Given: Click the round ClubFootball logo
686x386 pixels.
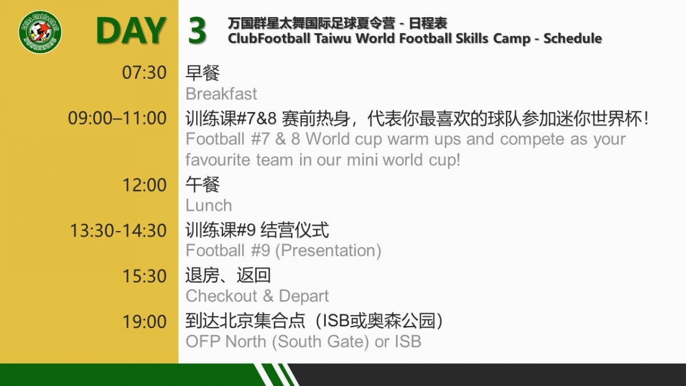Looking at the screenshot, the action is point(40,32).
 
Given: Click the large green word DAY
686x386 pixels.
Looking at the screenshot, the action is point(131,31).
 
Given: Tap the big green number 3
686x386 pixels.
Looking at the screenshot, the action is point(197,31).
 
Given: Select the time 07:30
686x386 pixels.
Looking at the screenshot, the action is point(144,73).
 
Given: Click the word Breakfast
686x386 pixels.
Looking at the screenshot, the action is point(221,94).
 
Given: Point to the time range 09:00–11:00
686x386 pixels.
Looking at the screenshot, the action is point(117,118).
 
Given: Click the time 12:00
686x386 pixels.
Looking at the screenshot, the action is point(145,185).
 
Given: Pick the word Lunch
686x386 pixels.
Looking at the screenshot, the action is point(209,205).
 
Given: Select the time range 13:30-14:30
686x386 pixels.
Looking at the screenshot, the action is point(118,230).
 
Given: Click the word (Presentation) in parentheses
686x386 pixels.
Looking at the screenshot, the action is point(328,251).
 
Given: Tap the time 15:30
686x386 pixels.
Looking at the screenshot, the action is point(145,276).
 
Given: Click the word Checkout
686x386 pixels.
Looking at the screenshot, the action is point(221,296).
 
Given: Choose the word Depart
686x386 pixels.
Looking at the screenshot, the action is point(304,297).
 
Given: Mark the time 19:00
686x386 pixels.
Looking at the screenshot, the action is point(145,321).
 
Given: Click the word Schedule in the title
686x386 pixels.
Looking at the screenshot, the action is point(573,39).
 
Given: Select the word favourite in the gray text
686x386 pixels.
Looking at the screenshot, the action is point(218,160).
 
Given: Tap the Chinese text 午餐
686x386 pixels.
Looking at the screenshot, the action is point(202,185).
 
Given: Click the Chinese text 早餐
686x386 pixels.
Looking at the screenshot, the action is point(202,73).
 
